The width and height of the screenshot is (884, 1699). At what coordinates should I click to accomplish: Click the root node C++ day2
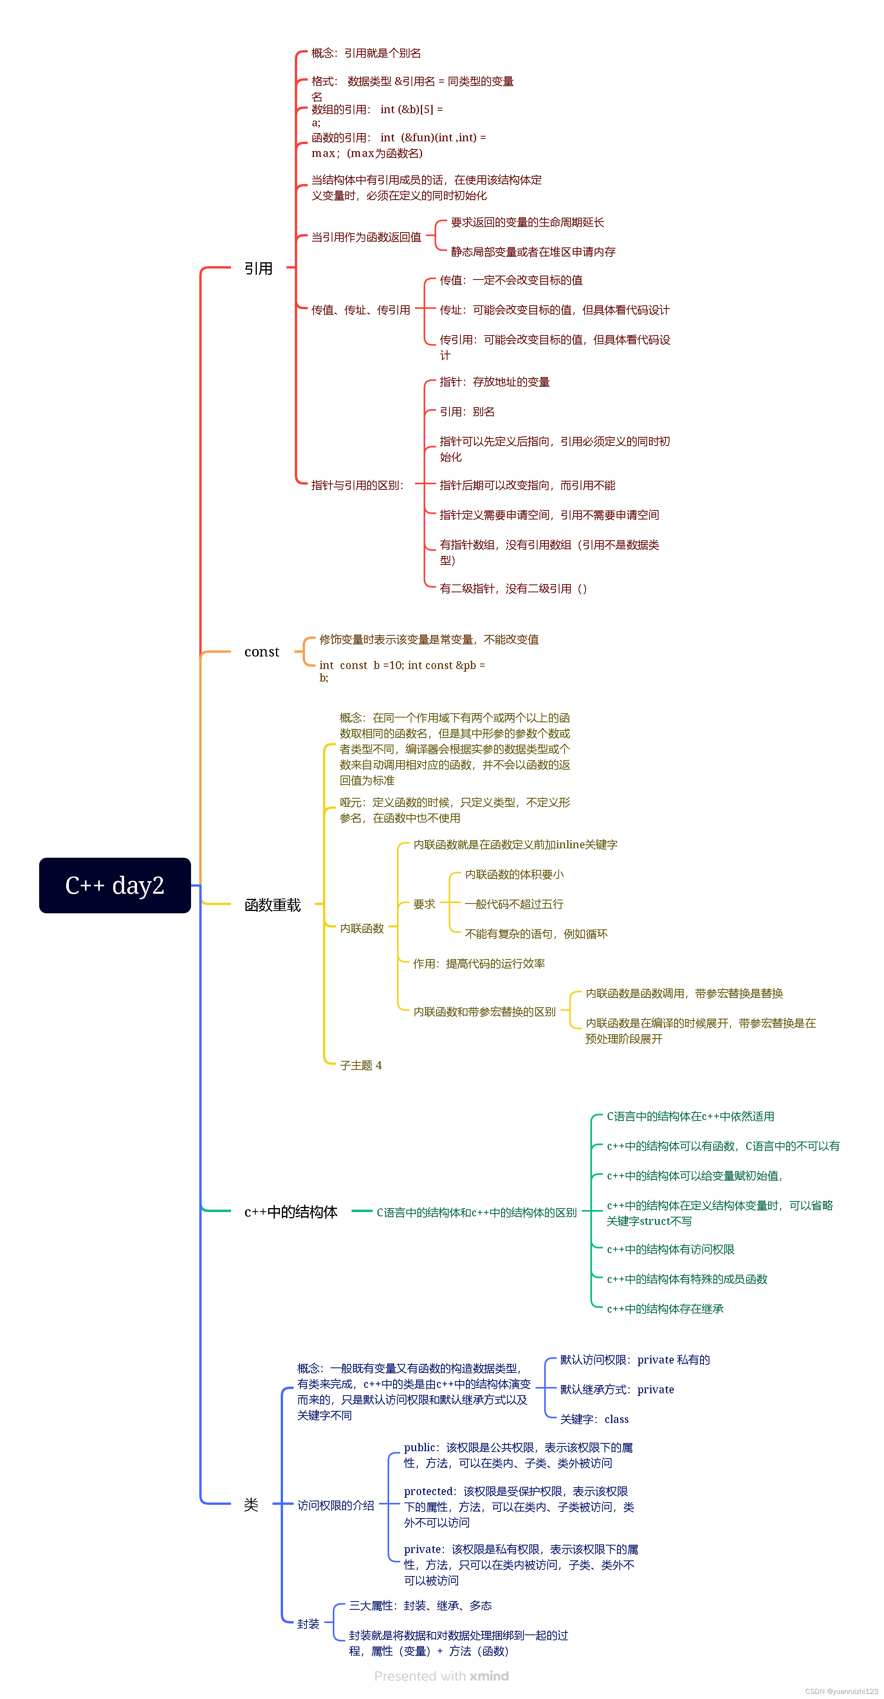pos(115,885)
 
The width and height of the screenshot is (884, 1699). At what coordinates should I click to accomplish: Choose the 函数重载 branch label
pos(272,905)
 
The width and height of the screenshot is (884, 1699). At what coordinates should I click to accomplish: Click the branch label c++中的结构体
pos(291,1212)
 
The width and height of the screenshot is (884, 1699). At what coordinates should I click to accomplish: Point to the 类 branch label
pos(251,1504)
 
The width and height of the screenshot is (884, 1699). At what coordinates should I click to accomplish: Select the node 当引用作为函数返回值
pos(366,237)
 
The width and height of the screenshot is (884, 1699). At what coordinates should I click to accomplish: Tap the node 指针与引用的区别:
pos(357,485)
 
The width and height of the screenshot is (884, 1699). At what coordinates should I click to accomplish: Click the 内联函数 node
pos(361,928)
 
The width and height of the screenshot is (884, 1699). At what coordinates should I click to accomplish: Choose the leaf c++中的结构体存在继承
pos(665,1309)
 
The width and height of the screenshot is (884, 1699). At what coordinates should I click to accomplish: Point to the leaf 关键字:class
pos(594,1419)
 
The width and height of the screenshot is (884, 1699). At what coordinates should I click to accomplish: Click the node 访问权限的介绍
pos(336,1505)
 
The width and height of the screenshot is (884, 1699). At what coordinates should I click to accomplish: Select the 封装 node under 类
pos(308,1624)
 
